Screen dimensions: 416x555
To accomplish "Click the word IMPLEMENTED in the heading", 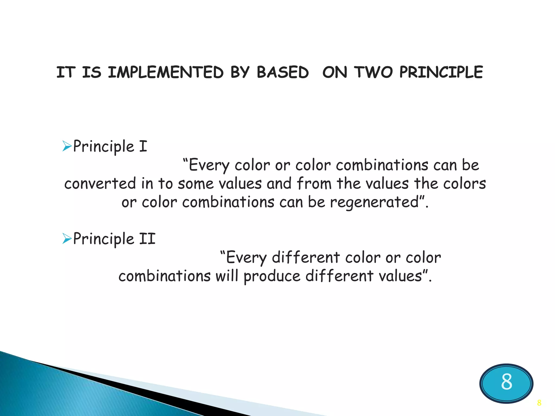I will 166,72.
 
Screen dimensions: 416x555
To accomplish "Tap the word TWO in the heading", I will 374,72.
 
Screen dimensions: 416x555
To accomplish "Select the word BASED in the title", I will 282,72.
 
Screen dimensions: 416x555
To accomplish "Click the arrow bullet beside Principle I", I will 66,146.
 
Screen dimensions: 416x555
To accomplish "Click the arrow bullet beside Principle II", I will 66,239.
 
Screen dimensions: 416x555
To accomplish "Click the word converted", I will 100,183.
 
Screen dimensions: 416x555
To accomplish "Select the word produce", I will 272,276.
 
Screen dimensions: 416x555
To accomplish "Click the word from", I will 314,183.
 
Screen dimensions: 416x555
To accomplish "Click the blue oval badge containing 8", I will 506,383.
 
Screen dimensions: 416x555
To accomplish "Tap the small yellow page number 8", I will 539,403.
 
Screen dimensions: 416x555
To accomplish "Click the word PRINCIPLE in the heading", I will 441,72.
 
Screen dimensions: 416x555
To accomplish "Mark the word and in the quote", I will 279,183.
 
